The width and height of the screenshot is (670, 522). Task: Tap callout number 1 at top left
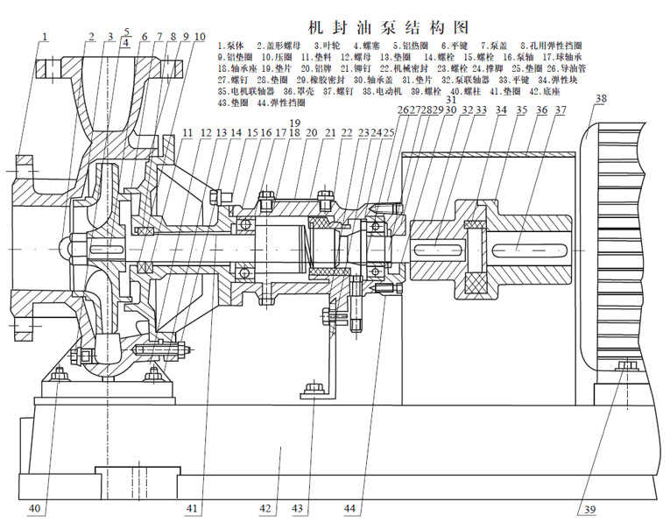click(x=45, y=36)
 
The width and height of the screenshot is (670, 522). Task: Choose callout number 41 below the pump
click(x=193, y=508)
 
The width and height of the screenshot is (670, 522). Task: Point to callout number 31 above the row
click(x=430, y=98)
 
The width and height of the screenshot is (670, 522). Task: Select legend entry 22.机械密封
click(x=386, y=67)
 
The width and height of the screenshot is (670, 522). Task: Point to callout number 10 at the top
click(x=200, y=37)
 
